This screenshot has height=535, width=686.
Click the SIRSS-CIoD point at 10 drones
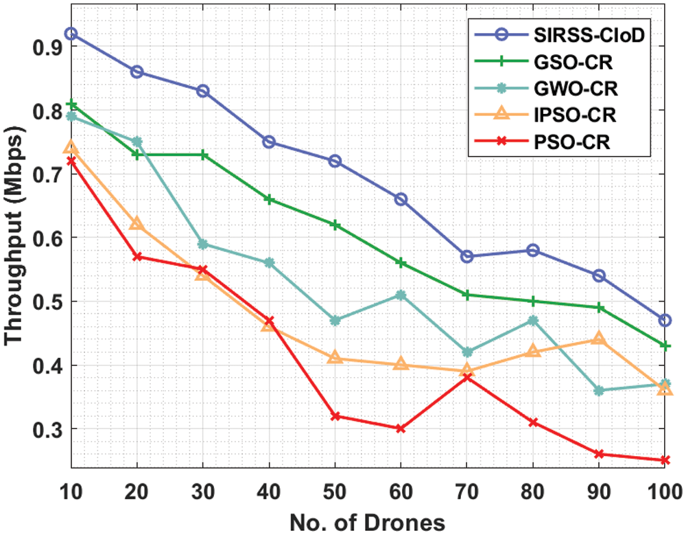coord(71,34)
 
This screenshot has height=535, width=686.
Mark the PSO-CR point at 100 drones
coord(665,460)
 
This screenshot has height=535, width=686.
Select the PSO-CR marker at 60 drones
coord(401,429)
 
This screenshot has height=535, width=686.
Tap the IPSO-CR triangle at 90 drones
coord(599,339)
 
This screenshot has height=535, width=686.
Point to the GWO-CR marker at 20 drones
coord(137,141)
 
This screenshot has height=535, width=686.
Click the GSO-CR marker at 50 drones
coord(335,225)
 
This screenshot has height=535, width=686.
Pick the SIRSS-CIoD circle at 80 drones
coord(533,250)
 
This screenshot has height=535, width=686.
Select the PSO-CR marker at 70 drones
coord(467,377)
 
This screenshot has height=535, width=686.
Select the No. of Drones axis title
coord(367,521)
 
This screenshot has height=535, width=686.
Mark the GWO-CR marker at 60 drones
coord(401,295)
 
